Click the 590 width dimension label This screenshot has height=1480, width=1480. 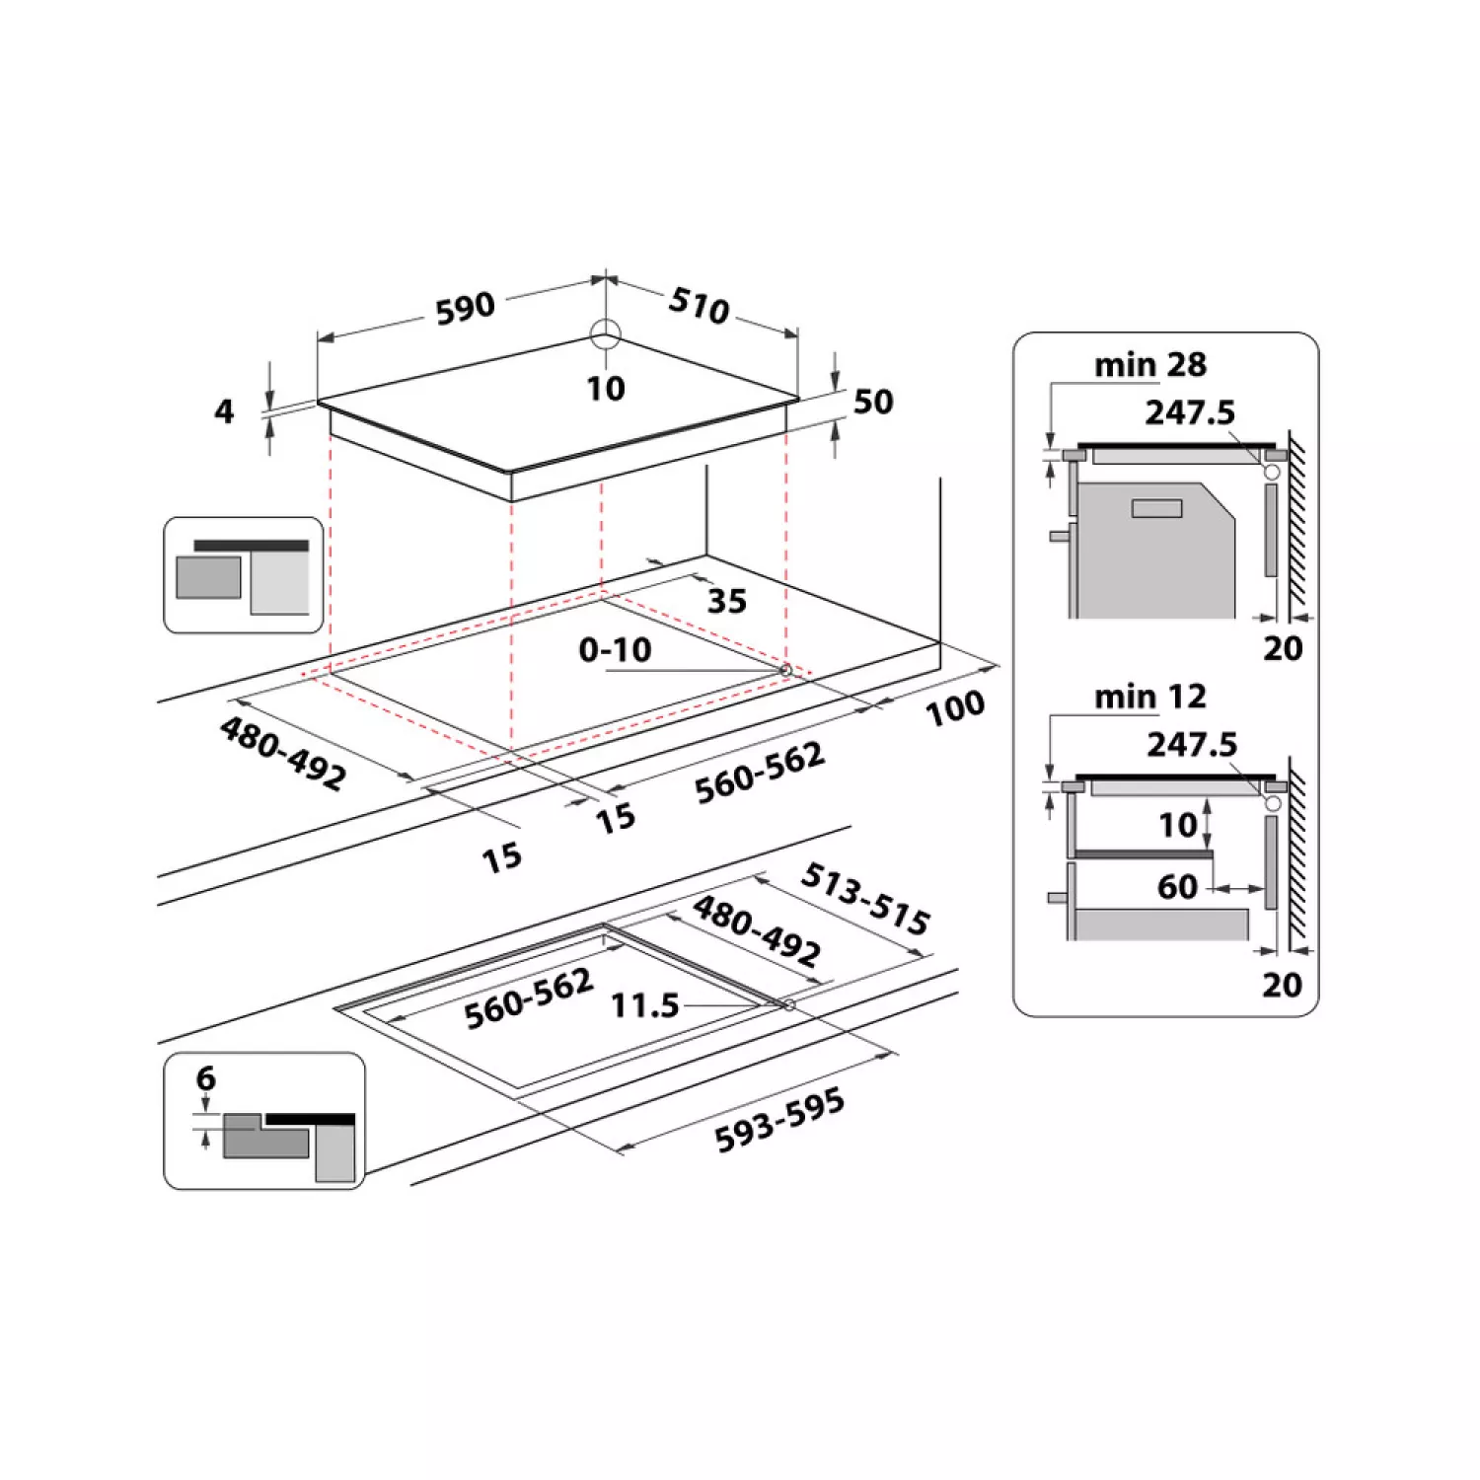pos(465,308)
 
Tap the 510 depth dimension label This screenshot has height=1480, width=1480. pos(700,305)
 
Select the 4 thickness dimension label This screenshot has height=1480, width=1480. pos(224,410)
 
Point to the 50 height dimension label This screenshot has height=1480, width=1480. pos(873,402)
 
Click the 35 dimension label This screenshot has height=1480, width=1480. pos(727,601)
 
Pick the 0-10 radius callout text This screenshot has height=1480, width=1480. pos(615,649)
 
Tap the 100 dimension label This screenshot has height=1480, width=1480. pos(955,707)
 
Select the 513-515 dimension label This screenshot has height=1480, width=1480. pos(865,898)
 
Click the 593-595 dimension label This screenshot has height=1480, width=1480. pos(779,1120)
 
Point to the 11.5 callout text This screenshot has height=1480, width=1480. pos(645,1005)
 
